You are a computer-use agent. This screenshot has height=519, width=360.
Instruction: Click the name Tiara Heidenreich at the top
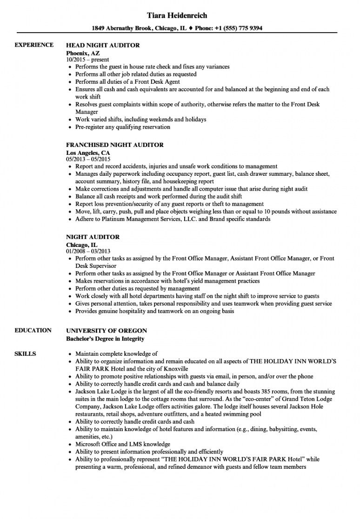tap(176, 15)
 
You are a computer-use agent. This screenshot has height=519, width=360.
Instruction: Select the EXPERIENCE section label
tap(34, 45)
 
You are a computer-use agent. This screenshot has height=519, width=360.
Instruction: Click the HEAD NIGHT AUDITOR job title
tap(103, 46)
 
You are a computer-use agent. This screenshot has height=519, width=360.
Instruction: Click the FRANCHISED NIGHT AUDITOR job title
tap(115, 145)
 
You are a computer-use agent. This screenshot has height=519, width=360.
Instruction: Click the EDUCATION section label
tap(33, 331)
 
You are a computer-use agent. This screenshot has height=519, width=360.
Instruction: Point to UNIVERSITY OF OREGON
tap(107, 331)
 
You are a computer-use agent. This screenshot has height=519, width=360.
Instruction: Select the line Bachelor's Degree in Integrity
tap(105, 339)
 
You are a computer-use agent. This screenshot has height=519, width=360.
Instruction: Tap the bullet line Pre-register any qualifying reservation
tap(123, 127)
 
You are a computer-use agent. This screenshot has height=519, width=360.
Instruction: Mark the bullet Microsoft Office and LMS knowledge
tap(123, 445)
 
